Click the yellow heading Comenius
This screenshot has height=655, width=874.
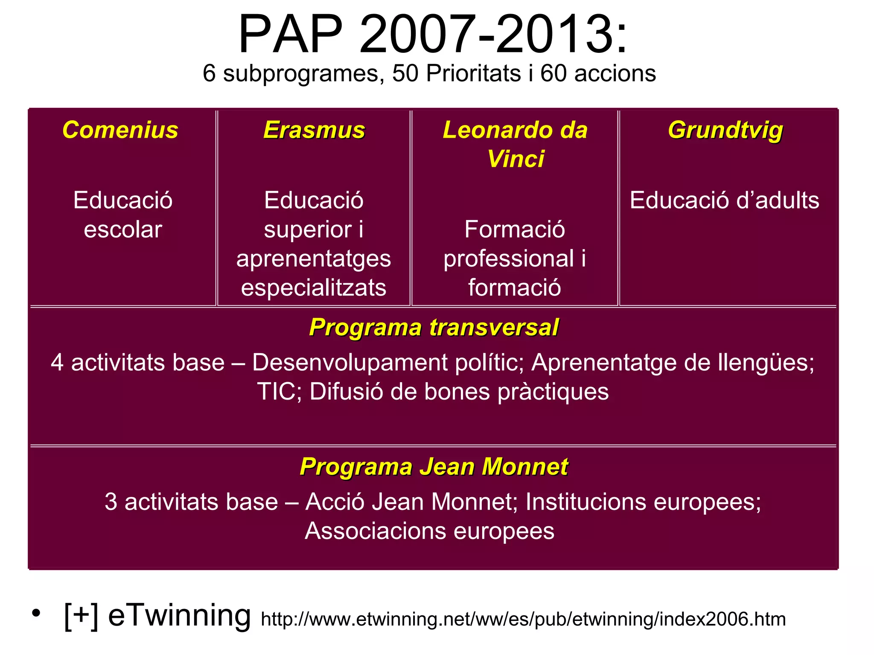tap(120, 130)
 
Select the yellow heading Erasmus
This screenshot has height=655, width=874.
tap(314, 130)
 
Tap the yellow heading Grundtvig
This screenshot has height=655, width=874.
tap(725, 130)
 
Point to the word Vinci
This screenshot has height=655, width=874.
tap(516, 159)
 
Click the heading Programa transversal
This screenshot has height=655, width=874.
tap(434, 327)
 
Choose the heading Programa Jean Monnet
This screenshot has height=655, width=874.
tap(434, 467)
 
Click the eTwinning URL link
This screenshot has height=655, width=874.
tap(523, 619)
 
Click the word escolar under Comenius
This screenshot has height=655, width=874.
tap(123, 230)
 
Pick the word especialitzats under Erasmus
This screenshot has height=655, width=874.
tap(314, 288)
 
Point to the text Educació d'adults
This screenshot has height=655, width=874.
tap(725, 200)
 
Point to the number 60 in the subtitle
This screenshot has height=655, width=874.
tap(553, 73)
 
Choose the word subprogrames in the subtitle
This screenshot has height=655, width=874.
tap(301, 73)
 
